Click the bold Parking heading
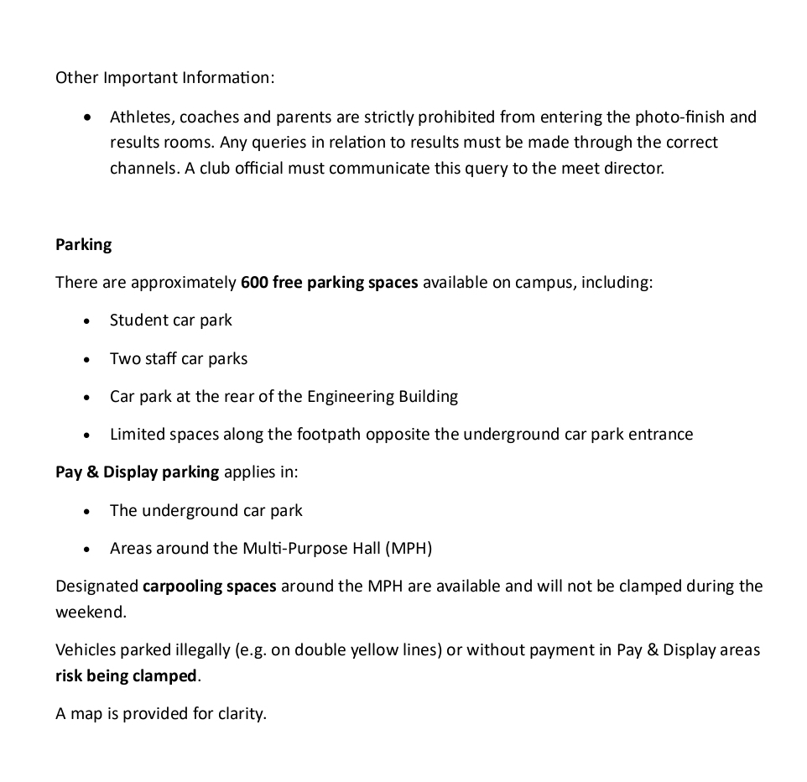(83, 245)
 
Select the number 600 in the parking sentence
(254, 283)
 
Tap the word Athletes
(140, 117)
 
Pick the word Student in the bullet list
(138, 321)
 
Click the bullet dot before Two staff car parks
(87, 359)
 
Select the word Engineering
(358, 397)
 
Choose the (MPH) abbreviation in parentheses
(409, 549)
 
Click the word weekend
(90, 612)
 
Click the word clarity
(242, 714)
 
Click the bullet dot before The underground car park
(87, 511)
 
